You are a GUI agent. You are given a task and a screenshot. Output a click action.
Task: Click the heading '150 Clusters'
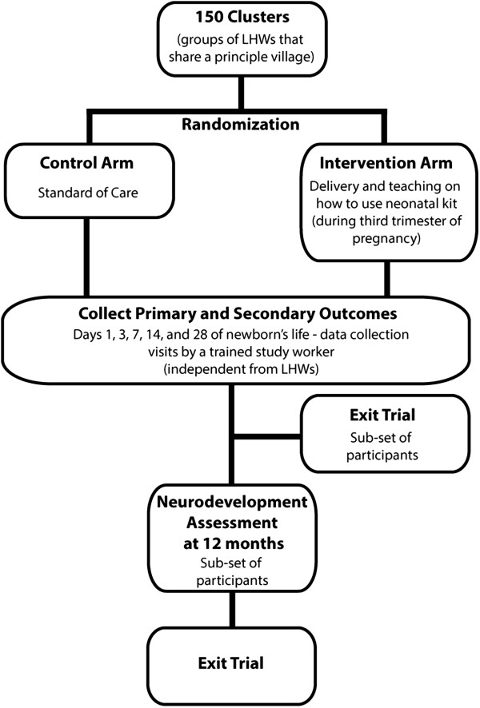[239, 18]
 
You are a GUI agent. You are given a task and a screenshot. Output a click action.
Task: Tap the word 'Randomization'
[239, 125]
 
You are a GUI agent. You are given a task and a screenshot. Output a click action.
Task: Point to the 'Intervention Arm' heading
[388, 164]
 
